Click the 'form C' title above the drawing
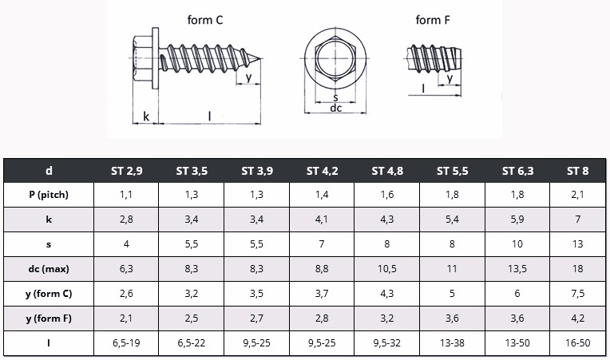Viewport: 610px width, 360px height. (x=205, y=20)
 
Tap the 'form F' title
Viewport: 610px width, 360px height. (x=433, y=20)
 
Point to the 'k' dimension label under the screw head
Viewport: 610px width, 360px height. (x=146, y=117)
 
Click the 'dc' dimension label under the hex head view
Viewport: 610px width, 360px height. (x=335, y=108)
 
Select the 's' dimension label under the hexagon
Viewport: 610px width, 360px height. (x=335, y=97)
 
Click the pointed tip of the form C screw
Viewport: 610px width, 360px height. (x=260, y=59)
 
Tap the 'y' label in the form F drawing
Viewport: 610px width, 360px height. (x=450, y=78)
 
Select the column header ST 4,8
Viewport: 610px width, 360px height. (x=387, y=171)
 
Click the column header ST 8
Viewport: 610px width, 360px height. (x=578, y=171)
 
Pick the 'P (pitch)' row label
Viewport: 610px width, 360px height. (x=49, y=195)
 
